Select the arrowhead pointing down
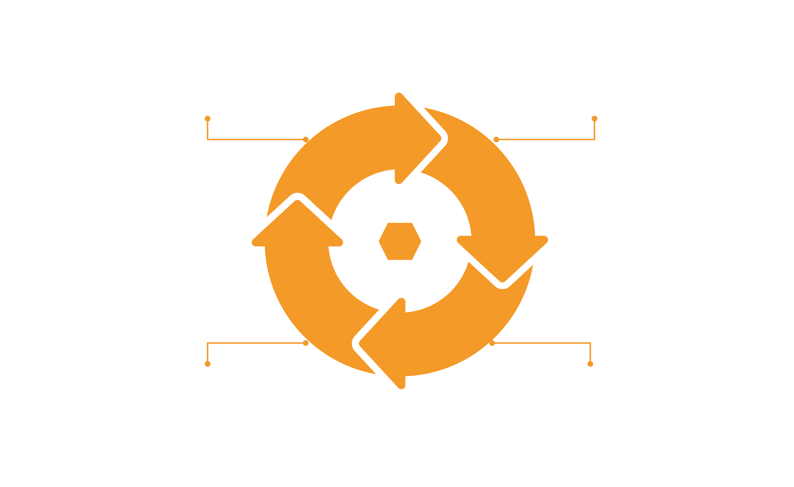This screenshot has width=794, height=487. (502, 258)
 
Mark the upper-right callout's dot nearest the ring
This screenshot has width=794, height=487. (496, 140)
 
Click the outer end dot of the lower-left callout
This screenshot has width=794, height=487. (208, 364)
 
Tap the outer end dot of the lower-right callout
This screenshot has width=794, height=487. (590, 364)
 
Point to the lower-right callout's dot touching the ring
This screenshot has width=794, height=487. (492, 344)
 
